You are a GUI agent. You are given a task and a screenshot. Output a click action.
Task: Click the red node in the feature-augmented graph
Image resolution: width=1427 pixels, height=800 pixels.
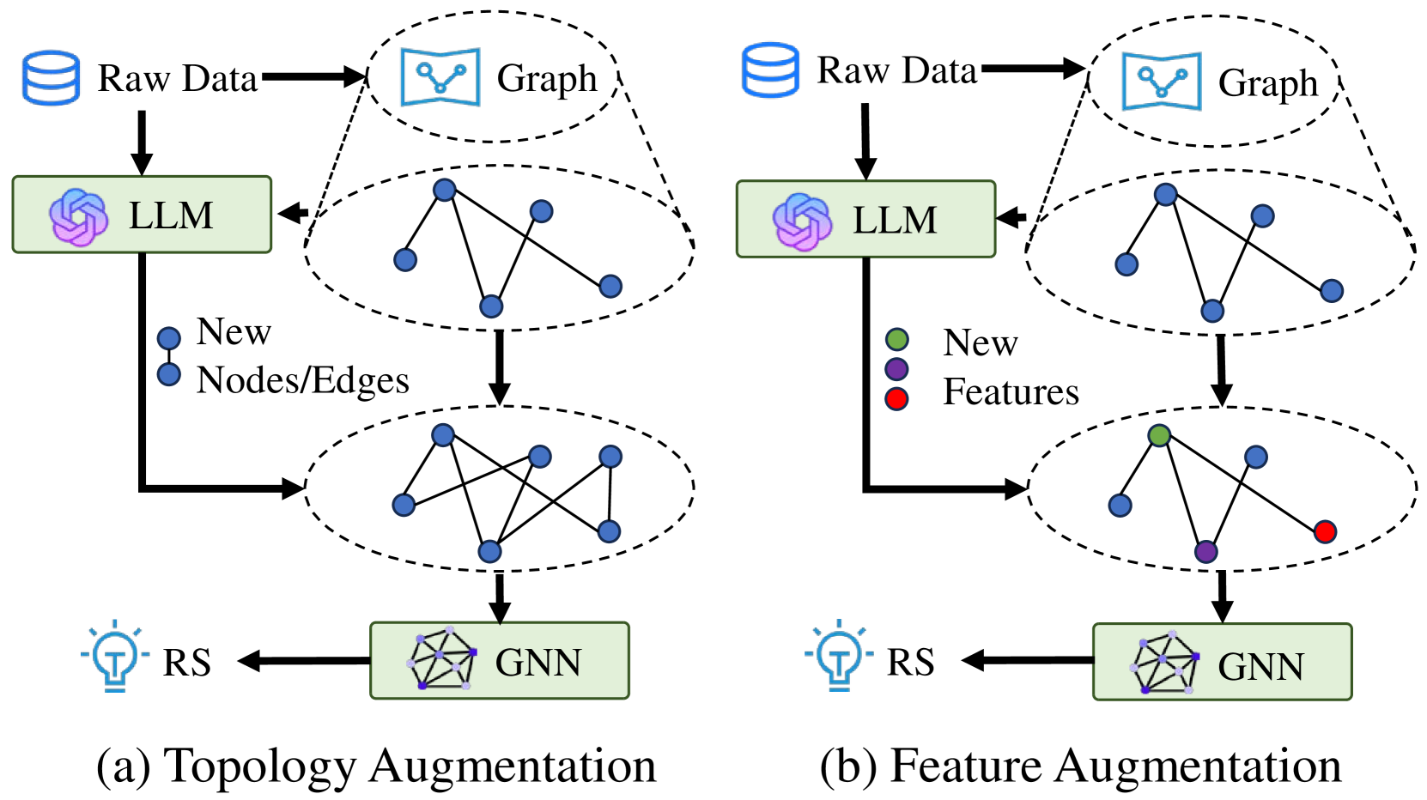(1324, 531)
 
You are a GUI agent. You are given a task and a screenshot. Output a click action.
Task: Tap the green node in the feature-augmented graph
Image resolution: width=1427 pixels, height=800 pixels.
(1159, 435)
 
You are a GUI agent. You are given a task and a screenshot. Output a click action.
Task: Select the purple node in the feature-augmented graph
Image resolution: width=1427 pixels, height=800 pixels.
(1205, 551)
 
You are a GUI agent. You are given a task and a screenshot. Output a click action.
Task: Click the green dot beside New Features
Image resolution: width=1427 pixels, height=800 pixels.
(896, 339)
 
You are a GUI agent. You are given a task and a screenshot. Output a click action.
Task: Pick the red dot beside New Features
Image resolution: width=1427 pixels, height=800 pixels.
(896, 398)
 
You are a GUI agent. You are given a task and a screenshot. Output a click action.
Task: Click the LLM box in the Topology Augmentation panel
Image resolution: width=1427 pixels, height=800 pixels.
(142, 215)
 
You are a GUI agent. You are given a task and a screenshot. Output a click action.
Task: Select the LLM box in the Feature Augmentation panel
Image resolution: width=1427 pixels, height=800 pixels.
(865, 219)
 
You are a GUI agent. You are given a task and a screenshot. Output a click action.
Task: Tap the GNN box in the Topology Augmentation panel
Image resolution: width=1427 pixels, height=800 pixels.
(499, 660)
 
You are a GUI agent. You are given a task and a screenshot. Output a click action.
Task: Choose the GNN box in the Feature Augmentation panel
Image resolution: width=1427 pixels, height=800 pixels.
(1222, 662)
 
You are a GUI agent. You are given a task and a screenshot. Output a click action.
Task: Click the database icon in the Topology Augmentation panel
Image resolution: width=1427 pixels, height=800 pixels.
(51, 77)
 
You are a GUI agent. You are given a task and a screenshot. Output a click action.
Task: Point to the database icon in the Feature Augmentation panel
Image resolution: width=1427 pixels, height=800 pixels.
(770, 70)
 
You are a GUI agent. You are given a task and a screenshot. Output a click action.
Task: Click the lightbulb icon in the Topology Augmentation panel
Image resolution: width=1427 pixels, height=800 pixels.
(115, 658)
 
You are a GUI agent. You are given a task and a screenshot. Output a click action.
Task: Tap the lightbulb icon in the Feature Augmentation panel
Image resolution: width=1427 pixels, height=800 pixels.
(839, 658)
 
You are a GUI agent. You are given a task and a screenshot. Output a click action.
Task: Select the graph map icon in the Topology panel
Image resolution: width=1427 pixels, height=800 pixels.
(440, 77)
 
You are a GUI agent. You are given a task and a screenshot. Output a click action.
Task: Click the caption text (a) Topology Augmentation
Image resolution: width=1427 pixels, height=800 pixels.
(376, 766)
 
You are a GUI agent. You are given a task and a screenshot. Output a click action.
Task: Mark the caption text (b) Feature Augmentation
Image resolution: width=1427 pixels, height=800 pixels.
(1080, 766)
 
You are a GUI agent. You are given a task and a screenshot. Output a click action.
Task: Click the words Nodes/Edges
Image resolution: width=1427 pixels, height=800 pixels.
(302, 380)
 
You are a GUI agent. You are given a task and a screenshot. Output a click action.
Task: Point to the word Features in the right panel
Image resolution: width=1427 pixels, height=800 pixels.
(1011, 391)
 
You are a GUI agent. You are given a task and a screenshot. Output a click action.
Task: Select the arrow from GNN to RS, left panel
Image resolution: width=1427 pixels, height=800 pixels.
(304, 660)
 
